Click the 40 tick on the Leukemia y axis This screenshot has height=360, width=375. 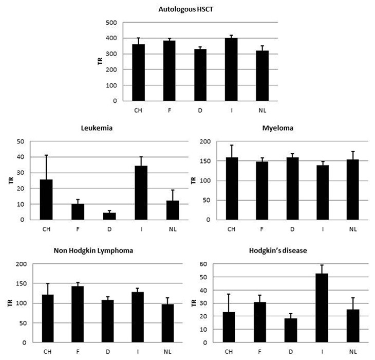[22, 157]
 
